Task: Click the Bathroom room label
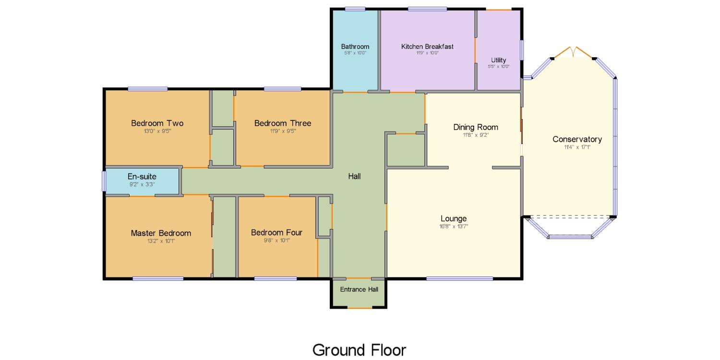355,47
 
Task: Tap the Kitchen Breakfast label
427,47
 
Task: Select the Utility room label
498,60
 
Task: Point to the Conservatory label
577,139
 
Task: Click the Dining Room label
476,127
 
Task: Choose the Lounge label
454,218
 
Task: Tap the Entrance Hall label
359,289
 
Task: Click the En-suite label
142,177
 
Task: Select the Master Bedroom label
161,233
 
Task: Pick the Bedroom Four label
276,232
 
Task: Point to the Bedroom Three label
283,123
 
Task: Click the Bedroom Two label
157,123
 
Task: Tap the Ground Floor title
359,350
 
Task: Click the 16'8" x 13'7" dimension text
454,226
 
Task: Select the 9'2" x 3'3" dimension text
142,184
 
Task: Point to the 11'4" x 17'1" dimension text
577,147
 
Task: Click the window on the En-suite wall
104,181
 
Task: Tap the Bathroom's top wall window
355,9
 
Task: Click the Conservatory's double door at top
573,52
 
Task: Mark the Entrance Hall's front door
360,308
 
